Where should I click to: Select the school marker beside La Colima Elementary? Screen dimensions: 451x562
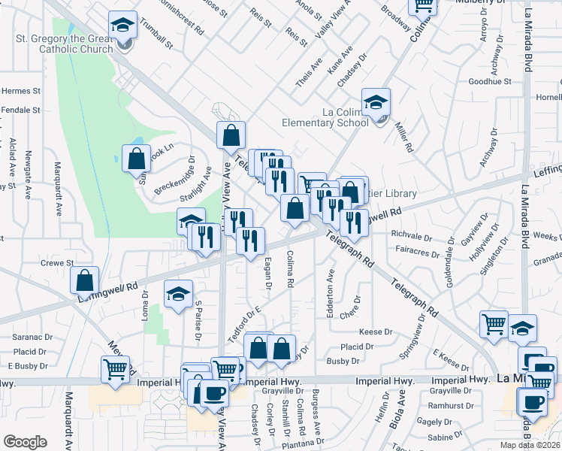tap(376, 102)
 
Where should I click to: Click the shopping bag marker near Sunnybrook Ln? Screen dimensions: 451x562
tap(136, 159)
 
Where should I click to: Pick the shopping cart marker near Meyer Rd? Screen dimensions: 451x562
tap(115, 369)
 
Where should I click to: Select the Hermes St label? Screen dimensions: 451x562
tap(20, 91)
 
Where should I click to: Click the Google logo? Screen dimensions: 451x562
tap(25, 442)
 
